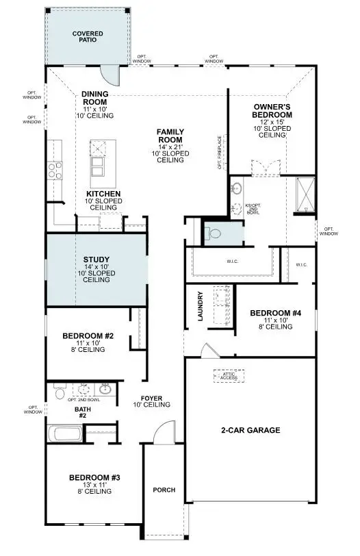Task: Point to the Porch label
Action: click(x=164, y=490)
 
